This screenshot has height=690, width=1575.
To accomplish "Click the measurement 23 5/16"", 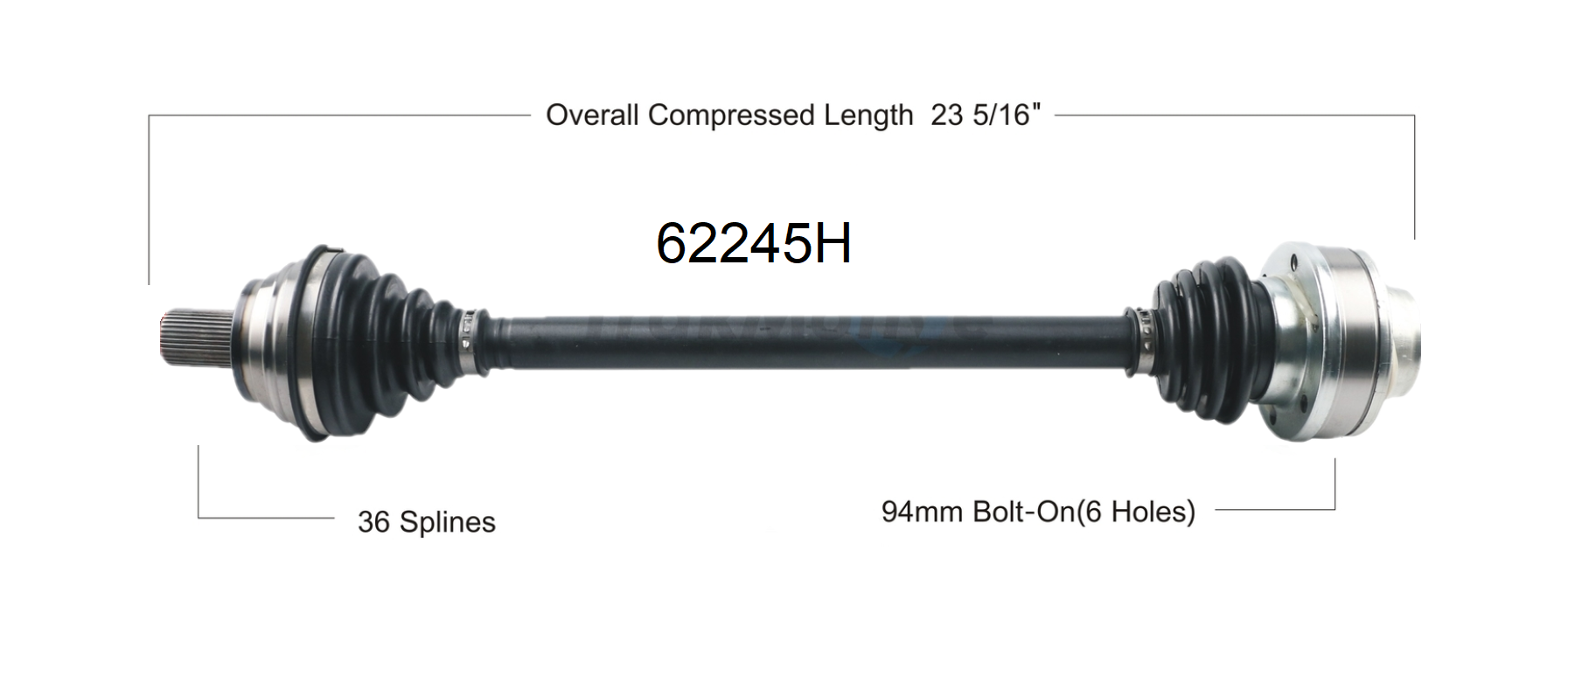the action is tap(986, 115).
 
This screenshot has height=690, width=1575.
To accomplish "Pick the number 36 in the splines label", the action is tap(373, 522).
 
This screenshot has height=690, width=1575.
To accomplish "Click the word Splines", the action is tap(448, 522).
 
